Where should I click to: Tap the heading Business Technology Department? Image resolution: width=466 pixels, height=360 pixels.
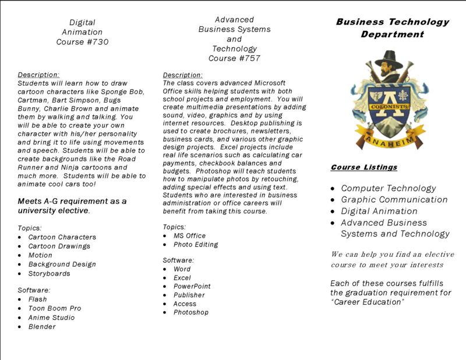coord(392,28)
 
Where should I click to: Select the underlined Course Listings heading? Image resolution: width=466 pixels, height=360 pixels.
coord(364,167)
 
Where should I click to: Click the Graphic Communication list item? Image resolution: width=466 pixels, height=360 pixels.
coord(394,200)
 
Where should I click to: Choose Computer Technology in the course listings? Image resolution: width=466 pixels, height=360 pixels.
coord(389,188)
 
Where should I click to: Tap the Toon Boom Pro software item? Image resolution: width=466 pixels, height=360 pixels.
coord(55,308)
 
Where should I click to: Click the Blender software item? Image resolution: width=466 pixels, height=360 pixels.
coord(42,327)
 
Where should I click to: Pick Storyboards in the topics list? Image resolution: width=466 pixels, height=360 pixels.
coord(49,273)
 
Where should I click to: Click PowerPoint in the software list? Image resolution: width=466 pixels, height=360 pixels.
coord(192,286)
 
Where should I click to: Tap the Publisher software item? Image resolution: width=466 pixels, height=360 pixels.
coord(189,295)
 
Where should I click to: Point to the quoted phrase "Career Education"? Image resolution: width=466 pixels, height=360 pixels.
coord(368,302)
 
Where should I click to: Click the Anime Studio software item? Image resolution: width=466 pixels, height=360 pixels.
coord(51,317)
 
